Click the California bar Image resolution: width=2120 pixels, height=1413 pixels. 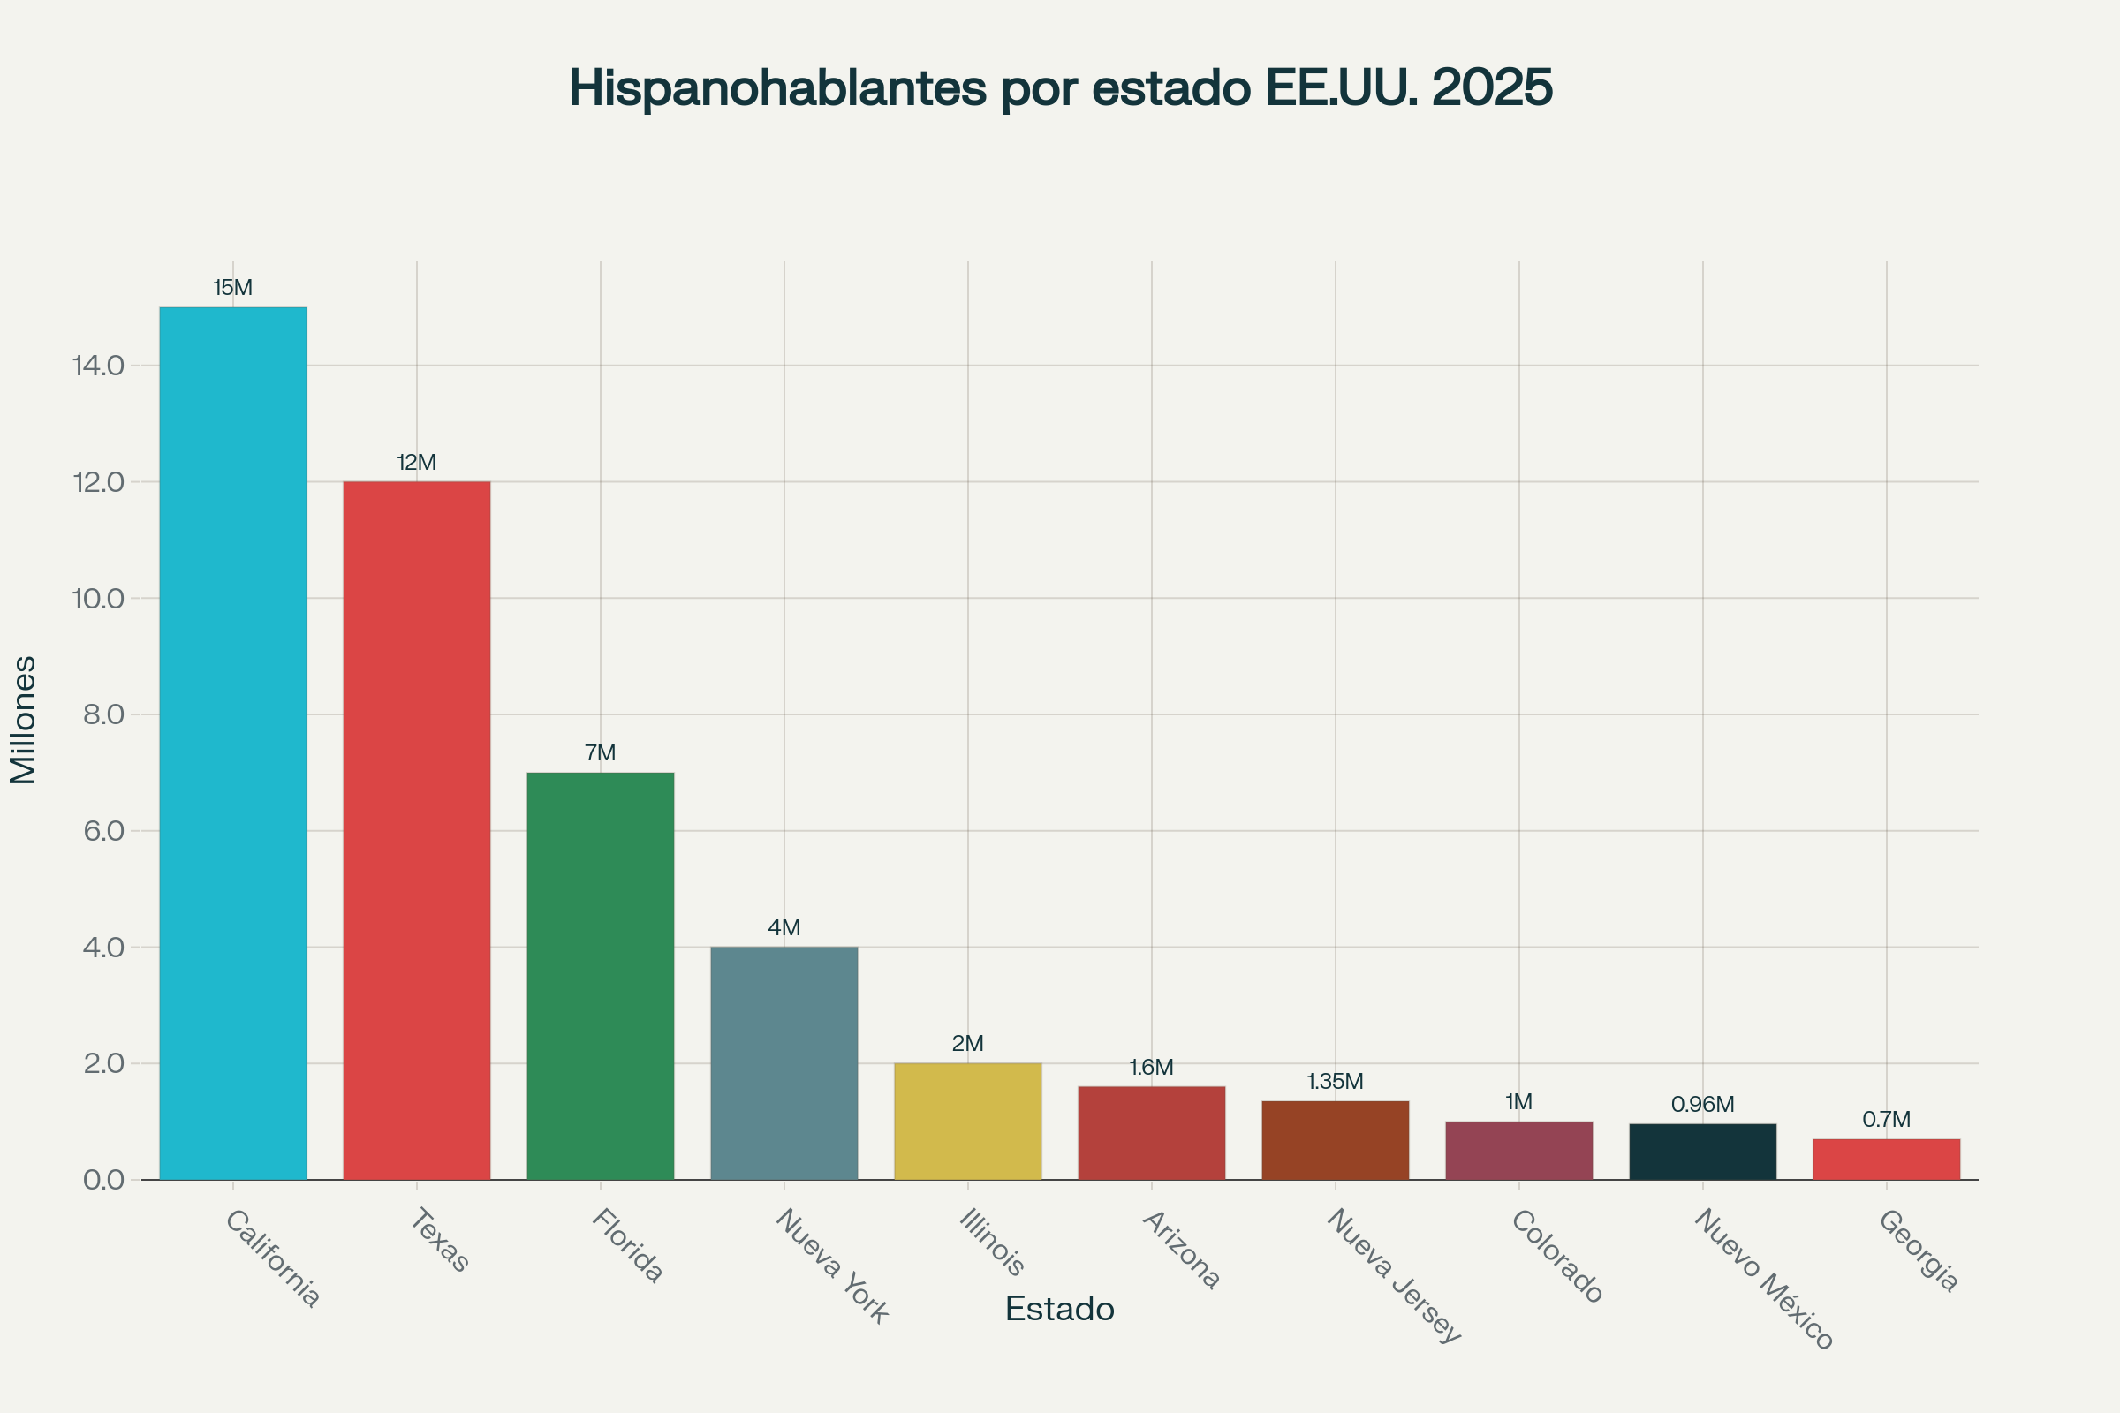232,744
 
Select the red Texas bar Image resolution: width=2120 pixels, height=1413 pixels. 416,830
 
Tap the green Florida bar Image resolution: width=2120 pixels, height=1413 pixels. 601,976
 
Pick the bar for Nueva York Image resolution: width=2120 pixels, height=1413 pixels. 784,1062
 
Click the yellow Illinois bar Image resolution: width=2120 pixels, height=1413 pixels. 967,1121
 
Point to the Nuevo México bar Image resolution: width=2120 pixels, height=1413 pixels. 1703,1152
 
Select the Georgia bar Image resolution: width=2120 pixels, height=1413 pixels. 1887,1159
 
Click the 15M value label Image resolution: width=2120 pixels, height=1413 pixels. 232,289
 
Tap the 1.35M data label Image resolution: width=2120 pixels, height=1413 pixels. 1335,1081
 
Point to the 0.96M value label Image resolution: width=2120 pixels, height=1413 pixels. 1703,1105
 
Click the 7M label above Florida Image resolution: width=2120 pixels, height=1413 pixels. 601,753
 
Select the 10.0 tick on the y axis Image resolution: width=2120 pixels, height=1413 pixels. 98,599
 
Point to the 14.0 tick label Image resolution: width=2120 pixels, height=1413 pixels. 98,366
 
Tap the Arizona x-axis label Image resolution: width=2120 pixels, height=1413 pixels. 1181,1250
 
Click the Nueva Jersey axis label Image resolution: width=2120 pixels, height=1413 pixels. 1394,1275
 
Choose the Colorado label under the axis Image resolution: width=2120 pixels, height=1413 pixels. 1556,1256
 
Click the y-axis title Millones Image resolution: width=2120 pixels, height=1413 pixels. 24,720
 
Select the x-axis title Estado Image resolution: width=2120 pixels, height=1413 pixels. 1060,1310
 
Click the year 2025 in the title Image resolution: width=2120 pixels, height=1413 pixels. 1492,88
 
